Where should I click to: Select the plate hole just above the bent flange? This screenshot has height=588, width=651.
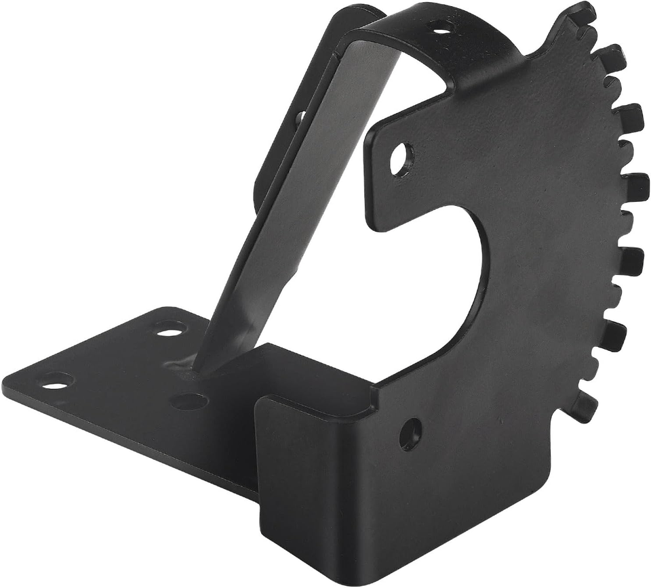click(x=410, y=434)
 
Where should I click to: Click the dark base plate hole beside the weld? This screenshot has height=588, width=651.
click(x=189, y=401)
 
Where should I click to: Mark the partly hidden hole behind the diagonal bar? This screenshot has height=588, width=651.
click(x=299, y=117)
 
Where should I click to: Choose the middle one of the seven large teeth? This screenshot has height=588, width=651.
click(x=634, y=187)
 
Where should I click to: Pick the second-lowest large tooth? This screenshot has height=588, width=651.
click(x=613, y=335)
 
